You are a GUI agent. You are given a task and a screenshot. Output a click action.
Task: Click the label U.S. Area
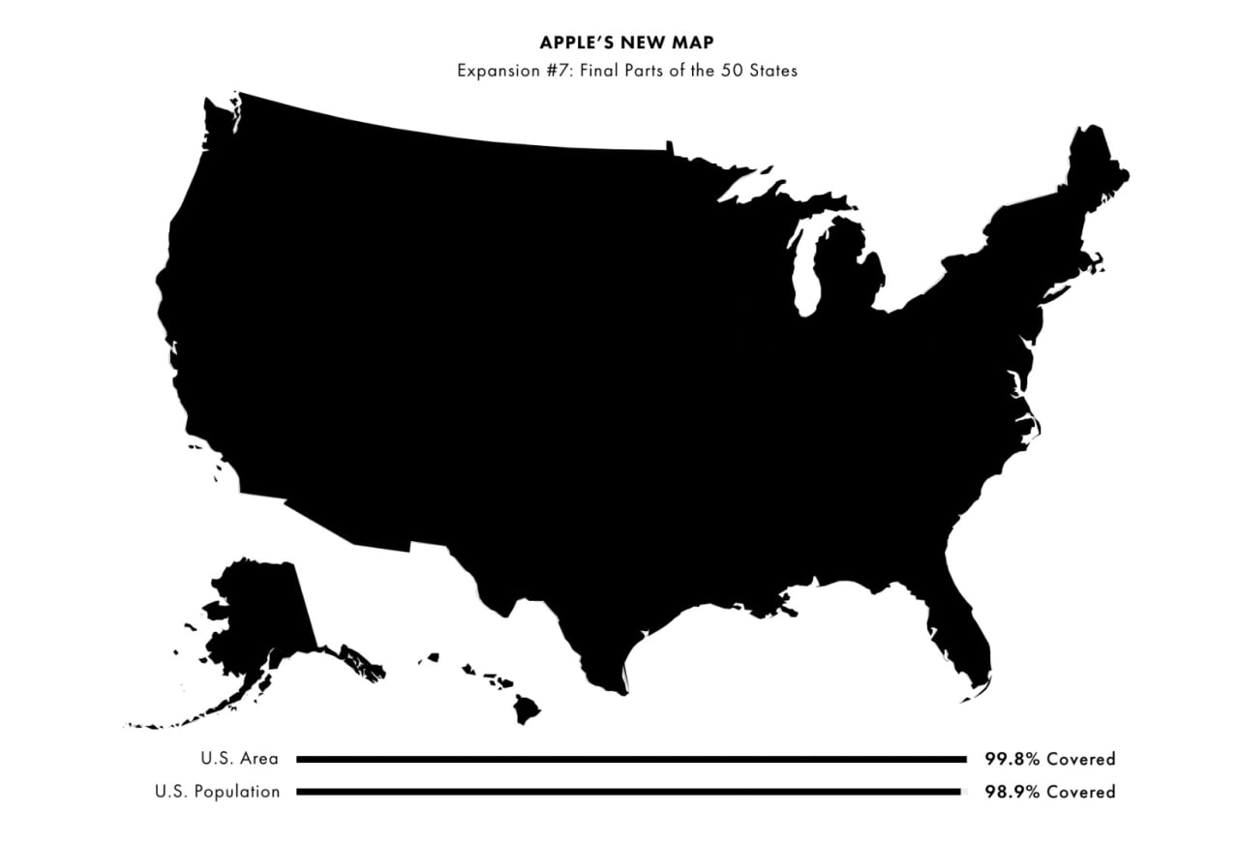pos(239,759)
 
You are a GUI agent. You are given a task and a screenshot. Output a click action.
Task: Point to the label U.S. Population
pos(217,792)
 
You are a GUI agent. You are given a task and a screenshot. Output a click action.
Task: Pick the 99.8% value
pos(1012,759)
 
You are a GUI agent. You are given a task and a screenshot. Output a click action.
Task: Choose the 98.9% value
pos(1012,792)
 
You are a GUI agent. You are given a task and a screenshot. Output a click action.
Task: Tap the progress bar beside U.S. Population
pos(629,792)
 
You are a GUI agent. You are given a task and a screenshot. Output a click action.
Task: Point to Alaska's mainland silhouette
pos(257,610)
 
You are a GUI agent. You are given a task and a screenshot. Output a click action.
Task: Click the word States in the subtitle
pos(774,71)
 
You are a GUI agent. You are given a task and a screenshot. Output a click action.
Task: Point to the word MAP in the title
pos(693,45)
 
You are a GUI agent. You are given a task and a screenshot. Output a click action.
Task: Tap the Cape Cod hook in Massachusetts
pos(1097,261)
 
